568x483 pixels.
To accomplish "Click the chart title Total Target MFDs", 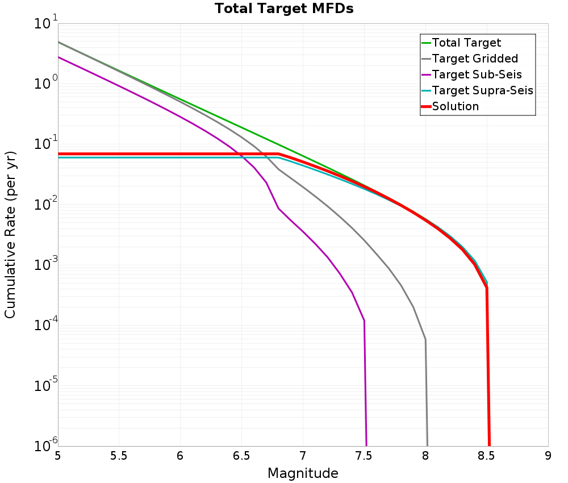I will coord(284,9).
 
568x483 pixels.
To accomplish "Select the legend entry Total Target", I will coord(466,43).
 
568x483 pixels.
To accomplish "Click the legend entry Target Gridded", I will coord(475,59).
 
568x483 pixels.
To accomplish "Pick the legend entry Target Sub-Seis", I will coord(477,74).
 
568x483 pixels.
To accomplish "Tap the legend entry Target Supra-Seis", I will coord(482,90).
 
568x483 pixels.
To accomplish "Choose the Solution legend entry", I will coord(455,106).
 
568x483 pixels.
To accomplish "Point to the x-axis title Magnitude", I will coord(303,473).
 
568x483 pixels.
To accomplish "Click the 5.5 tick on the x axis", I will coord(119,456).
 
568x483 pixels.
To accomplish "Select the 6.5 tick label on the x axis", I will coord(241,456).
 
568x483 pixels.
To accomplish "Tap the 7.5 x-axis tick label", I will coord(364,456).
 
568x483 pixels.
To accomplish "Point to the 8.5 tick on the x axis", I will coord(487,456).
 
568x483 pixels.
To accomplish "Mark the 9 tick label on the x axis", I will coord(548,456).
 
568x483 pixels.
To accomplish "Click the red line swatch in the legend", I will coord(425,106).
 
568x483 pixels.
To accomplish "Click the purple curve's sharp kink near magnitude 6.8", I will coord(278,209).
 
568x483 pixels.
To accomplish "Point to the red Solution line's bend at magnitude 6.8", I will coord(279,154).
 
